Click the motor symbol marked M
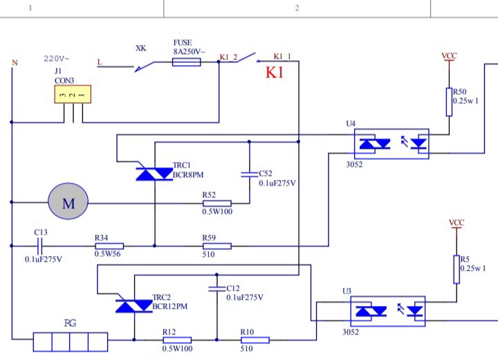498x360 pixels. tap(68, 203)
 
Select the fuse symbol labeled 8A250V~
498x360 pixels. tap(186, 62)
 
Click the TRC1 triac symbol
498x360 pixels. tap(154, 174)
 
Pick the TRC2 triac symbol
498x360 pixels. tap(134, 305)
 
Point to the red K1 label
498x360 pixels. tap(275, 73)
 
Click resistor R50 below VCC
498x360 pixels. tap(449, 101)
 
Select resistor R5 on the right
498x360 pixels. tap(456, 269)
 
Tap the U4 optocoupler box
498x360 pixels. tap(391, 143)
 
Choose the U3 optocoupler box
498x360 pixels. tap(387, 311)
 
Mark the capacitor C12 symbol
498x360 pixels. tap(216, 288)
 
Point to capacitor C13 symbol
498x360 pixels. tap(39, 245)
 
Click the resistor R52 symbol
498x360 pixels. tap(216, 203)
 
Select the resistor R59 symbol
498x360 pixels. tap(216, 245)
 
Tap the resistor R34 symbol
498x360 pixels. tap(109, 245)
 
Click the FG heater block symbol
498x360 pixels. tap(70, 342)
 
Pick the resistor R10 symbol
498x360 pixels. tap(254, 340)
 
